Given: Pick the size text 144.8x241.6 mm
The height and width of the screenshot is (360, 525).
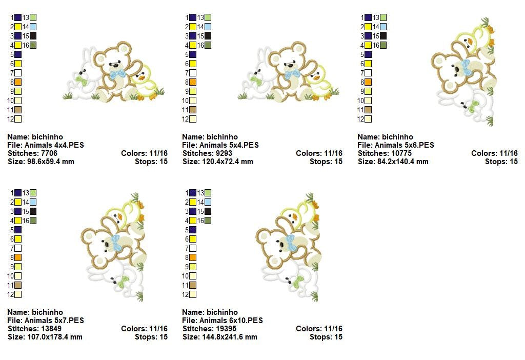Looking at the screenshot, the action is pos(230,337).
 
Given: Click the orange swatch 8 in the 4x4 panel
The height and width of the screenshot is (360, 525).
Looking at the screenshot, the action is pos(18,82).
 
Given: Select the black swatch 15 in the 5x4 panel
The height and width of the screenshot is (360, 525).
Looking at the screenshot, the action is pos(208,36).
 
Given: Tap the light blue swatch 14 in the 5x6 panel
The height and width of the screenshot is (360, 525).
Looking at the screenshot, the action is pos(383,27).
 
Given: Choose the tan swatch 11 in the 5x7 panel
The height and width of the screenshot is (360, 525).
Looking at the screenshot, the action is pos(18,285).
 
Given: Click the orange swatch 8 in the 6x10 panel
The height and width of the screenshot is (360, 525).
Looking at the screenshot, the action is pos(193,257).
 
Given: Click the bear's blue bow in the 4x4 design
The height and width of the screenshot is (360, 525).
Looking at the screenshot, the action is pos(117,74).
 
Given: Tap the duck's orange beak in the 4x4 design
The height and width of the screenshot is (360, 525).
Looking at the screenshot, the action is pos(142,78).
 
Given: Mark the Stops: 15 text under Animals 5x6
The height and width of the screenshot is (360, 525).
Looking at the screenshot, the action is pos(501,162).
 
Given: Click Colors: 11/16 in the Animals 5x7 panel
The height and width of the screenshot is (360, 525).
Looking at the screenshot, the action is pos(144,329).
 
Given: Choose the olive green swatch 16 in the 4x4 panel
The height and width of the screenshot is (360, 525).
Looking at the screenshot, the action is pos(33,45).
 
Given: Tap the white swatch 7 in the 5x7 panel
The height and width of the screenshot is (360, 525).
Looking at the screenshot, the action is pos(18,248).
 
